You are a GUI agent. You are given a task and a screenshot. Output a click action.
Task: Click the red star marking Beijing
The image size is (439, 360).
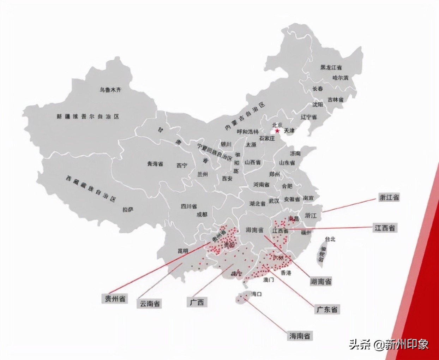(x=277, y=131)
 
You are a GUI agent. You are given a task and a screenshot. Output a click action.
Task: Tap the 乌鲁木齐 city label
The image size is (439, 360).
(x=110, y=90)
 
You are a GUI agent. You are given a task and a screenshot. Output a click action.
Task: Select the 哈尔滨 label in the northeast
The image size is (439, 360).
(x=340, y=78)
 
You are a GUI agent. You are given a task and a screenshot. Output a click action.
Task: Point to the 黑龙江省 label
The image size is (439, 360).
(x=331, y=67)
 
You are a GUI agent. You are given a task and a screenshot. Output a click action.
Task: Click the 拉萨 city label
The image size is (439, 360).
(x=128, y=209)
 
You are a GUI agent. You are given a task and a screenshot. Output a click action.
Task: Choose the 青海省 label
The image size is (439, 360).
(x=155, y=164)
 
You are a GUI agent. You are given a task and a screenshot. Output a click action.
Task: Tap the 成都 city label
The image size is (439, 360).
(x=202, y=214)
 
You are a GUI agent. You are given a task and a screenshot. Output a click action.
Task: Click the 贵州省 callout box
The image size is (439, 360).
(x=115, y=299)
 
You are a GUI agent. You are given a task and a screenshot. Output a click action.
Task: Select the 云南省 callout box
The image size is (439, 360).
(x=150, y=303)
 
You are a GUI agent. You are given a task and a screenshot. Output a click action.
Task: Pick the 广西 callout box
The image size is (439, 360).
(x=197, y=302)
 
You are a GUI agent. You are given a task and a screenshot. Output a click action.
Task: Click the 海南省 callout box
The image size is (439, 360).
(x=300, y=336)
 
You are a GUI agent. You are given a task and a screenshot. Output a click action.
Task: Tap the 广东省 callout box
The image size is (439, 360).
(x=327, y=310)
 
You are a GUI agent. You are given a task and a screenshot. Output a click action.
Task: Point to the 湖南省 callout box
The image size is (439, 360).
(x=321, y=281)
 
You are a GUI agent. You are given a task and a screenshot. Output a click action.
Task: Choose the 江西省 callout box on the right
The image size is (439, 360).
(x=384, y=228)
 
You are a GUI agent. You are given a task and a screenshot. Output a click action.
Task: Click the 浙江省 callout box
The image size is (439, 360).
(x=389, y=198)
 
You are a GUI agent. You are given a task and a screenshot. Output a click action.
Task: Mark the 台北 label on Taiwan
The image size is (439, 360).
(x=330, y=239)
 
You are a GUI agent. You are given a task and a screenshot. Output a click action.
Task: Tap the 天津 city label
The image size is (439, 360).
(x=289, y=131)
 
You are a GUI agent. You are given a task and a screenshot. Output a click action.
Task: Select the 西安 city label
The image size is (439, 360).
(x=227, y=179)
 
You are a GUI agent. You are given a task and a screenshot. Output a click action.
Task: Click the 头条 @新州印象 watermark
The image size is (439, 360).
(x=389, y=344)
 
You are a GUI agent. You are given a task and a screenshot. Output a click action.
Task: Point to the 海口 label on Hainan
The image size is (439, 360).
(x=256, y=294)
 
